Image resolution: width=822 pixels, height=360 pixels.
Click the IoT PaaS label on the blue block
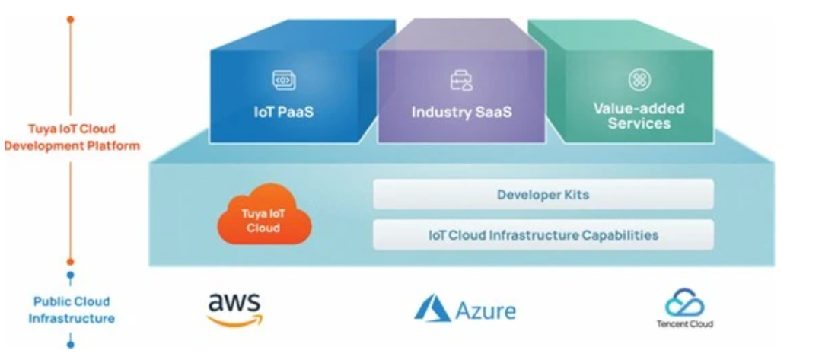tap(283, 112)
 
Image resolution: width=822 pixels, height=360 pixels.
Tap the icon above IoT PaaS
tap(283, 79)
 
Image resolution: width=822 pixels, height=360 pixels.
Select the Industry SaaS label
tap(461, 112)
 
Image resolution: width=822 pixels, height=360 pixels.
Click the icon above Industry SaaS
tap(461, 79)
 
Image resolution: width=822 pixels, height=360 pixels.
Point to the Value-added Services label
tap(638, 116)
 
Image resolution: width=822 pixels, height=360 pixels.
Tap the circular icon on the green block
tap(638, 79)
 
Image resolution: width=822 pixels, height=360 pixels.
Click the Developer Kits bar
tap(543, 195)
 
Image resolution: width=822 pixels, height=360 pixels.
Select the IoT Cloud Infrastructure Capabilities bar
tap(543, 235)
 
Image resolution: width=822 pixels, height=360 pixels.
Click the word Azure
tap(486, 311)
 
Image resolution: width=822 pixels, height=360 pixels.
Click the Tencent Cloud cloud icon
tap(684, 303)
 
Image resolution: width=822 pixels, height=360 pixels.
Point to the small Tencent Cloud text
tap(684, 323)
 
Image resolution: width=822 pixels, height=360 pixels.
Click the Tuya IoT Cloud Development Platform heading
tap(70, 137)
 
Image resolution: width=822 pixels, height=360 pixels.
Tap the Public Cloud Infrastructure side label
tap(70, 310)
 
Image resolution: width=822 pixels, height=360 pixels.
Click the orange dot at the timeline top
tap(70, 19)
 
